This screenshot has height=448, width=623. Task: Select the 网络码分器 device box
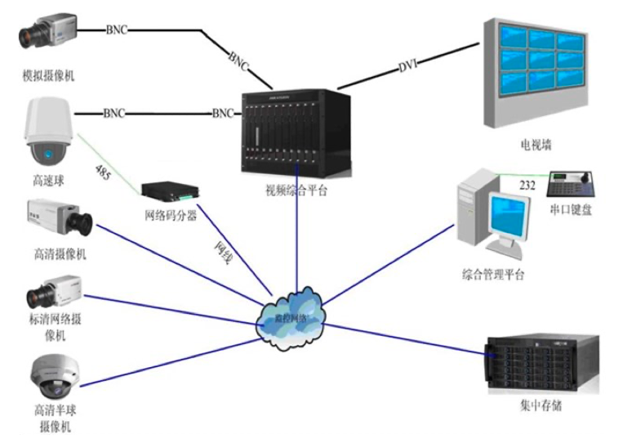point(170,191)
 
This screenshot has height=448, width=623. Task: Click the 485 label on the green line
point(104,172)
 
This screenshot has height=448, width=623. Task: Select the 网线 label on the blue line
point(222,253)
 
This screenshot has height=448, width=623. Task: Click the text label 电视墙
point(536,145)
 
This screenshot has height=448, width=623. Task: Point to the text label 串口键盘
point(572,210)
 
